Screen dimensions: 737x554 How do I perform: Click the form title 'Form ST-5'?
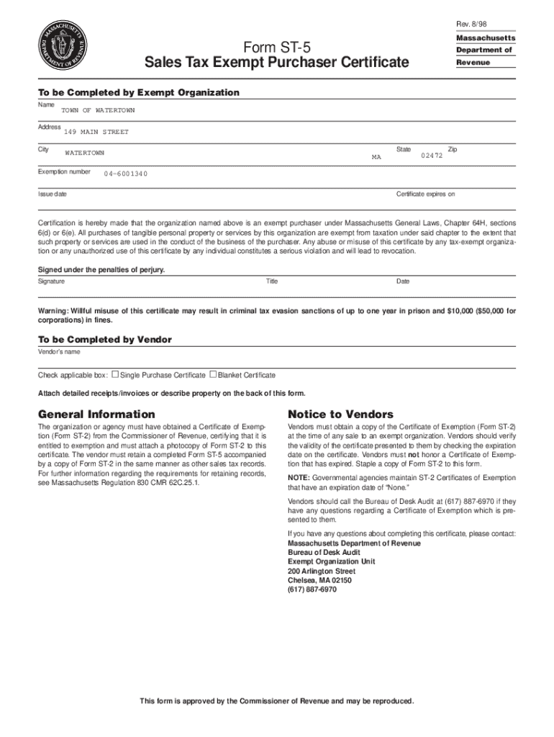point(276,48)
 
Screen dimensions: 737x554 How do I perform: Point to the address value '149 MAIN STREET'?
point(96,132)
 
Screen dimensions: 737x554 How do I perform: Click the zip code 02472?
point(431,155)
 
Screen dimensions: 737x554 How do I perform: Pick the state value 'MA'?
point(376,156)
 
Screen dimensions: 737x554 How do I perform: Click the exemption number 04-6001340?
point(126,174)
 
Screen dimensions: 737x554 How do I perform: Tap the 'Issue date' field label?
point(53,194)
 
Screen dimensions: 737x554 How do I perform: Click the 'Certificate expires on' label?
point(426,194)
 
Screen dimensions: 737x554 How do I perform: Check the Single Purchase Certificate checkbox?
point(115,374)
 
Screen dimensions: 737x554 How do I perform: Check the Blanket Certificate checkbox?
point(213,374)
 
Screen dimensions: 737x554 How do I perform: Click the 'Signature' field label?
point(51,281)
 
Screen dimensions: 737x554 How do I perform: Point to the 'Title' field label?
point(272,281)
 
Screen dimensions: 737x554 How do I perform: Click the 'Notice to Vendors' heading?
point(340,415)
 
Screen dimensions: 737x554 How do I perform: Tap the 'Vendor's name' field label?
point(59,352)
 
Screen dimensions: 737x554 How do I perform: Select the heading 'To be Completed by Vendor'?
point(104,339)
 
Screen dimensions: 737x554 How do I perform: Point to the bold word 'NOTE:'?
point(299,478)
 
